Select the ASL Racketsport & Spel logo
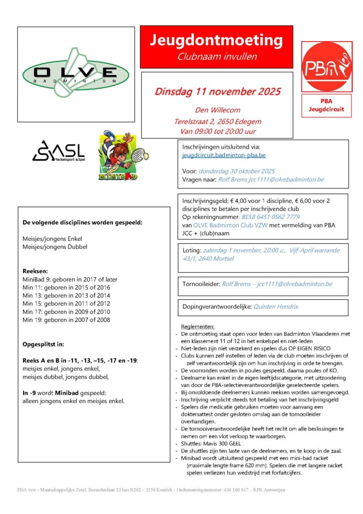point(59,151)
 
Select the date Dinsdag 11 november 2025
point(218,92)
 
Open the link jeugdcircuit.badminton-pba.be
point(224,156)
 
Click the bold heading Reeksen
point(35,271)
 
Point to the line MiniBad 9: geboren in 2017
point(70,279)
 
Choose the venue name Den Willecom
point(218,110)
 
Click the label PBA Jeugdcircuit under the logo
point(327,104)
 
